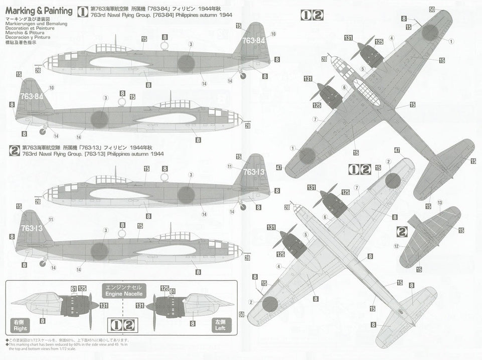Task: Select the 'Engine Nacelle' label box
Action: coord(123,290)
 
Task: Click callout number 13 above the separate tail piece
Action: coord(439,202)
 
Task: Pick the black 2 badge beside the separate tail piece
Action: coord(402,231)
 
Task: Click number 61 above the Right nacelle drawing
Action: coord(74,288)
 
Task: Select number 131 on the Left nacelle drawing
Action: coord(140,305)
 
